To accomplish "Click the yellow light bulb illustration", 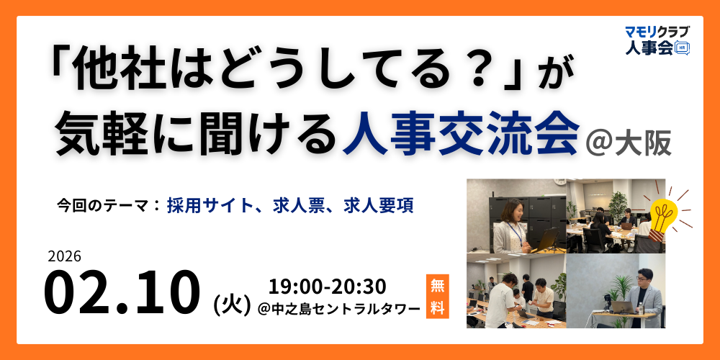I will [x=662, y=212].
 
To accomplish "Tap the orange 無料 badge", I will [x=436, y=296].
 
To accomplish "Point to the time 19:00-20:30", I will [x=327, y=286].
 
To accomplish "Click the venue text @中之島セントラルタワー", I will [x=338, y=309].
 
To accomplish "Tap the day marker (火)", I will [x=231, y=305].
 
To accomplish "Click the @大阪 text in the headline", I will [x=629, y=142].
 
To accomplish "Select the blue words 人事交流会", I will [x=461, y=134].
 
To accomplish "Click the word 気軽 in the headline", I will [x=108, y=134].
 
